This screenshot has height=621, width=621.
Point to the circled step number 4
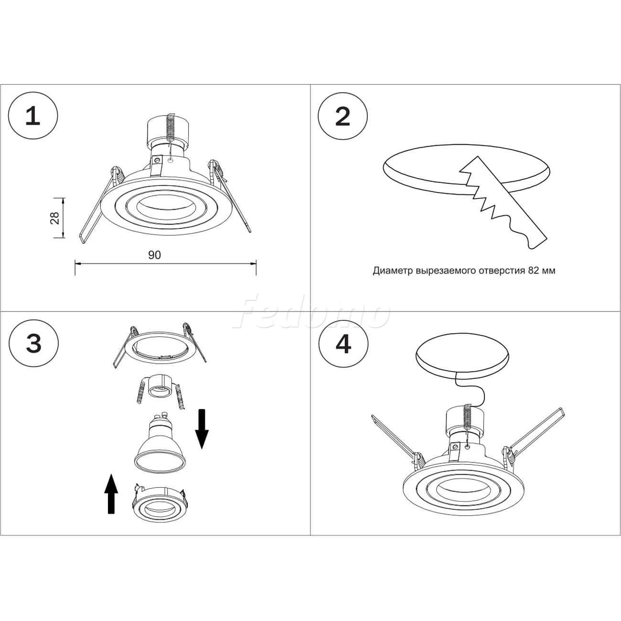tap(343, 344)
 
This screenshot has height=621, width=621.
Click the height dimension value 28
tap(55, 218)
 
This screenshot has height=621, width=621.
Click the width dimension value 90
tap(155, 255)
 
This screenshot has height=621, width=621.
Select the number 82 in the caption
tap(534, 270)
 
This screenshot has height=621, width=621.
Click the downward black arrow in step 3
tap(202, 428)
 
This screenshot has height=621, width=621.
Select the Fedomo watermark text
tap(310, 311)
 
